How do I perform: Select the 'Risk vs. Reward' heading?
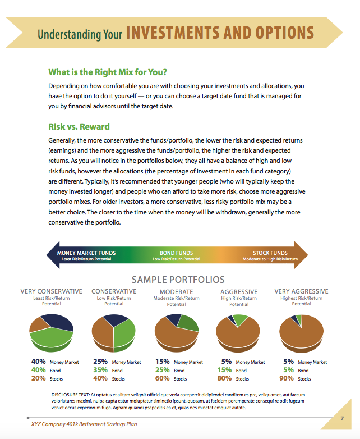point(79,126)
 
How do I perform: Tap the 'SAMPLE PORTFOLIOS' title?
point(178,280)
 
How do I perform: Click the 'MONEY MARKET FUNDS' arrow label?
point(86,253)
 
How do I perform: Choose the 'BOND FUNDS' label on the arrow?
point(176,253)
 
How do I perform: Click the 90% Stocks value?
point(288,379)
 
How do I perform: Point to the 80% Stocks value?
point(225,379)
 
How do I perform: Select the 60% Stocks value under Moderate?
point(163,379)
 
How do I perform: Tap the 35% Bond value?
point(101,371)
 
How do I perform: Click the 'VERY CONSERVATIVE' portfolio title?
point(51,291)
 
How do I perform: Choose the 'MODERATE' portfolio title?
point(176,292)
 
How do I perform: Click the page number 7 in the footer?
point(341,419)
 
